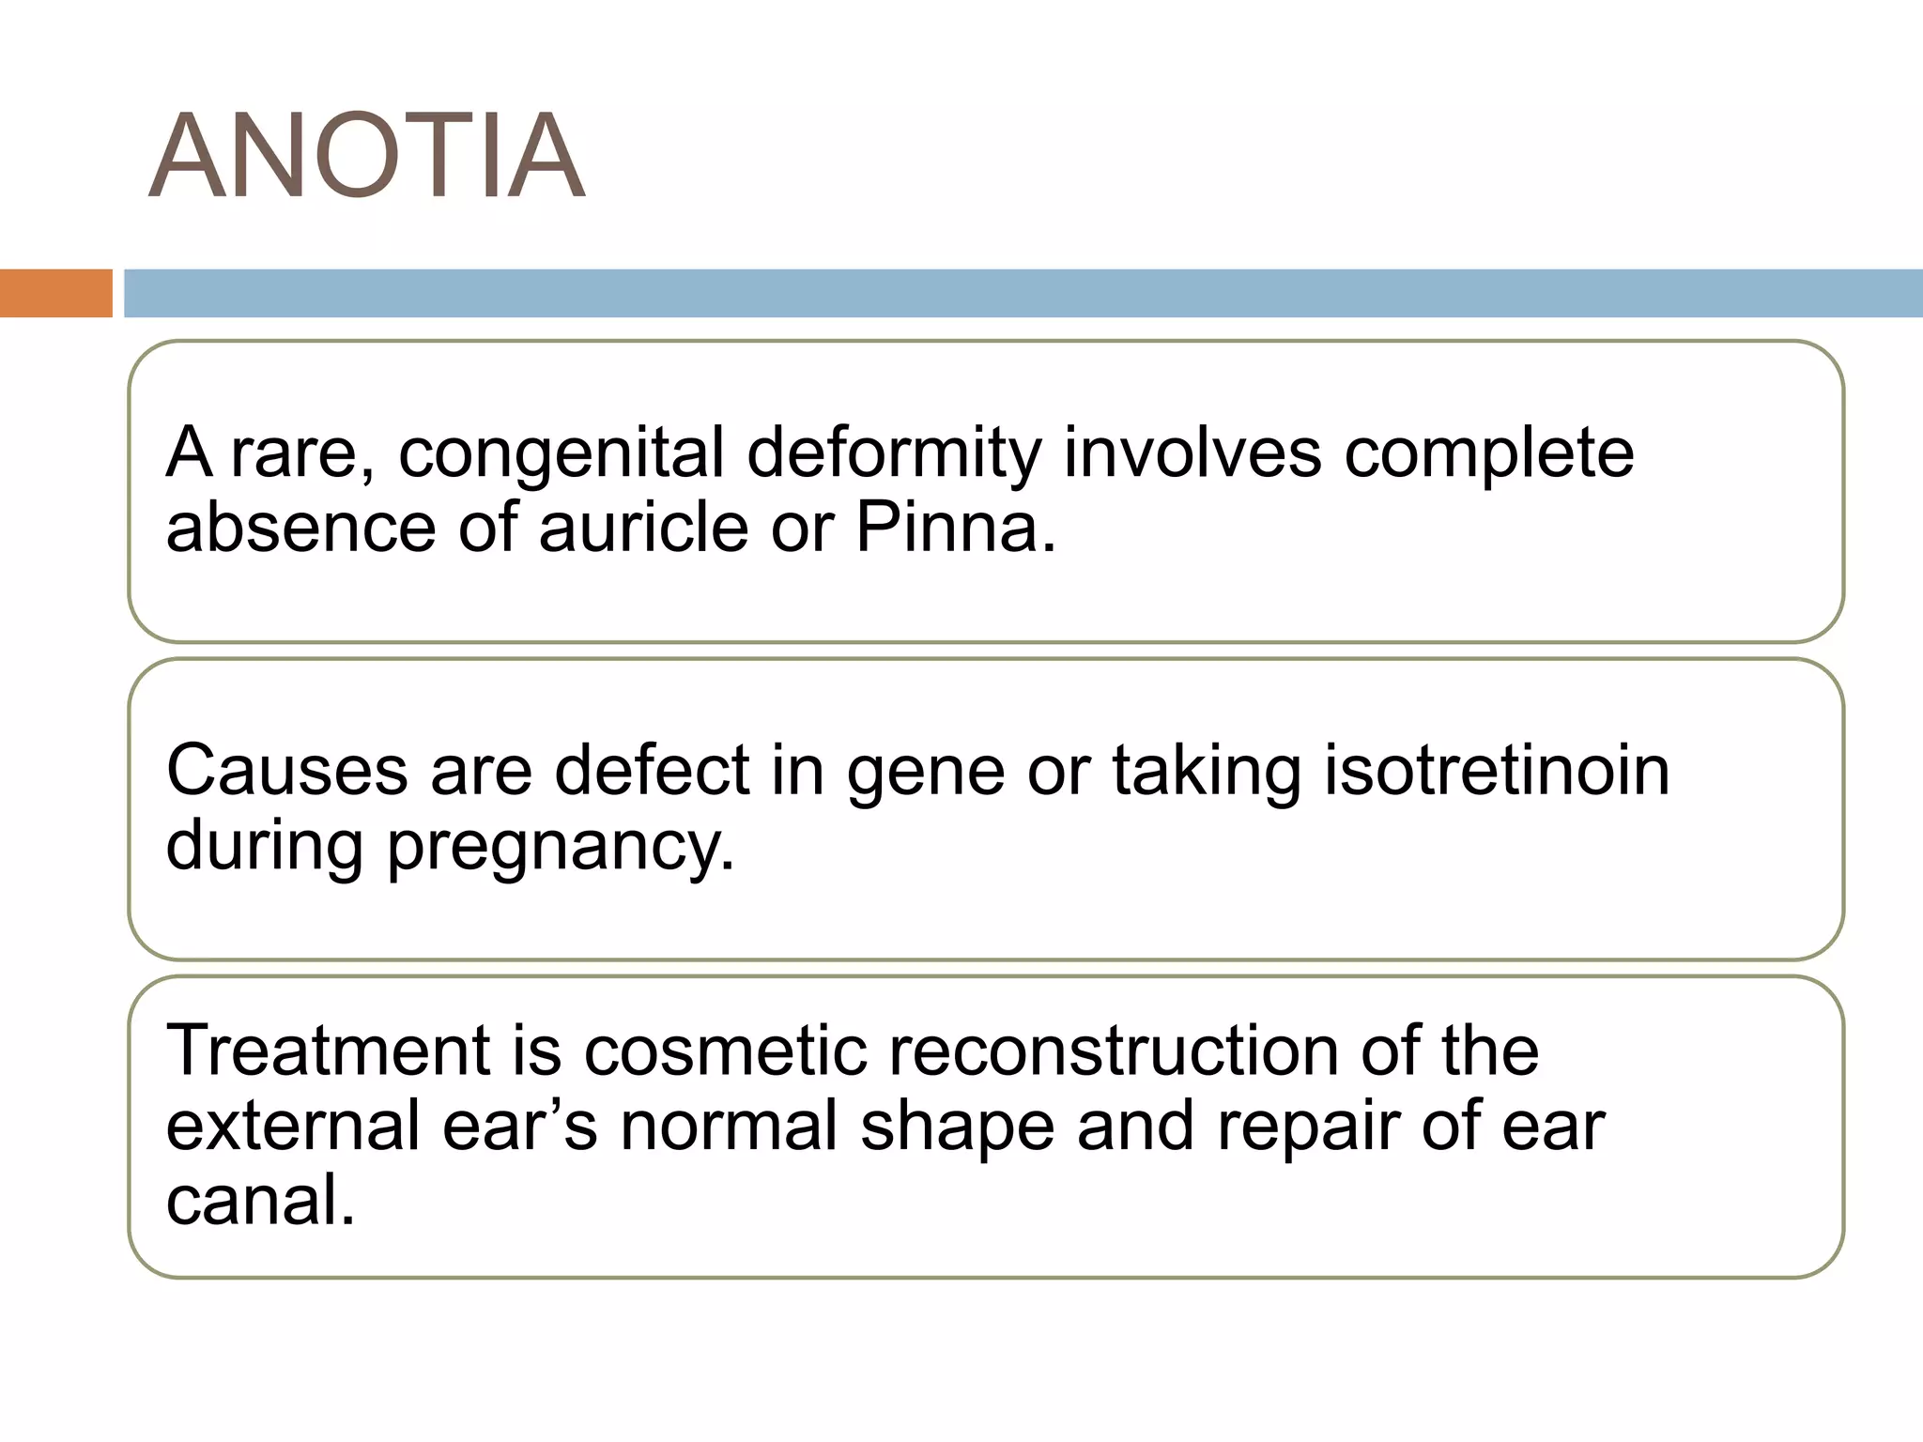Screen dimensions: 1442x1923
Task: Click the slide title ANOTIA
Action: coord(367,157)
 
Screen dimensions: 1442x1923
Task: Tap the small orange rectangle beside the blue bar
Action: coord(55,293)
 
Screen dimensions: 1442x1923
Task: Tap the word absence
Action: coord(300,528)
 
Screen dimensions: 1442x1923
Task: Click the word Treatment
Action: coord(328,1051)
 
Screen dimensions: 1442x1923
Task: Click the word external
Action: coord(292,1126)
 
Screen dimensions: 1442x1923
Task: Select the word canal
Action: coord(260,1201)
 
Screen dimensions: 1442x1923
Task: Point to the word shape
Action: coord(957,1128)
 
